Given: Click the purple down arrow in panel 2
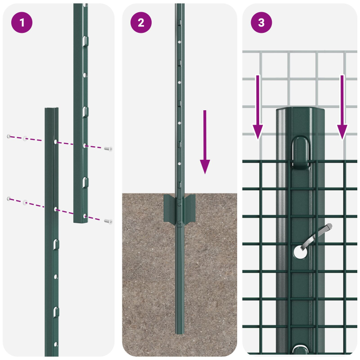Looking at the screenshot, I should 205,142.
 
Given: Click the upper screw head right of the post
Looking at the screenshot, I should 108,148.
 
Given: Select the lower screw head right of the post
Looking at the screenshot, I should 108,221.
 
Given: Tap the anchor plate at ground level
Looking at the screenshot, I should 180,209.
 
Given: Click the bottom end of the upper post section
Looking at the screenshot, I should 81,221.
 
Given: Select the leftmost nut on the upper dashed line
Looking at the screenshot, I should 9,136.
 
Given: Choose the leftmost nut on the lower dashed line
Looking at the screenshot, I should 9,198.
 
